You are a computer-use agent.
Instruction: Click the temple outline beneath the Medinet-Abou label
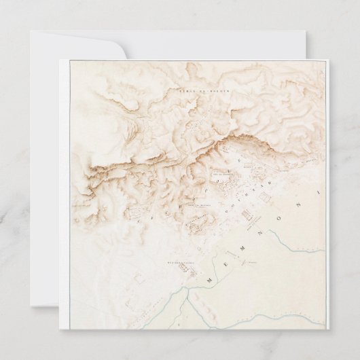pyautogui.click(x=183, y=270)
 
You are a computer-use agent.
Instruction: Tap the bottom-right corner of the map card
pyautogui.click(x=327, y=329)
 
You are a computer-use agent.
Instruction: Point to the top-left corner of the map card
pyautogui.click(x=60, y=60)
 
